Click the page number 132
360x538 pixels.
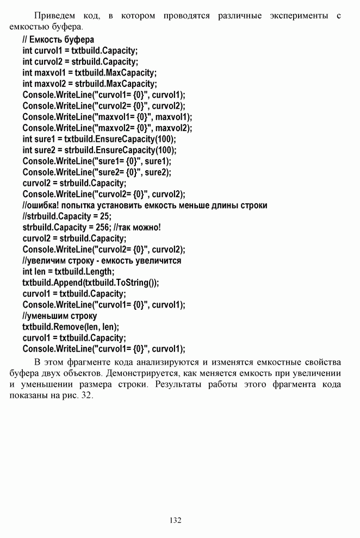[x=175, y=520]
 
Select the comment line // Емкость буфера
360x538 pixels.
[x=58, y=40]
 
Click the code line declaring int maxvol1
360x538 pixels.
[x=89, y=73]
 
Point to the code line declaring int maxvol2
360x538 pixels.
[x=90, y=84]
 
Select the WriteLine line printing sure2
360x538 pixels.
[x=97, y=172]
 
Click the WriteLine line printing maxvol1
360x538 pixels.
[x=107, y=117]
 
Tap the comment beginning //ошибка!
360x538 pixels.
[x=145, y=205]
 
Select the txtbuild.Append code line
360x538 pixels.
[x=91, y=283]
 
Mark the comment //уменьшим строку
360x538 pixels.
[x=60, y=316]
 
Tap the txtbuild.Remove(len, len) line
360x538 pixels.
[x=71, y=327]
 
